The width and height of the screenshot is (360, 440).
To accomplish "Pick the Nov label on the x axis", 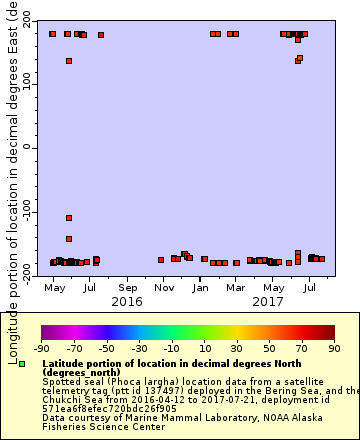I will click(x=163, y=287).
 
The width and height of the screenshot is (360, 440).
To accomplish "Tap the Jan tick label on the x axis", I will click(x=200, y=287).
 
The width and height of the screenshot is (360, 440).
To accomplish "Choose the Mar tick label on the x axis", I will click(x=234, y=287).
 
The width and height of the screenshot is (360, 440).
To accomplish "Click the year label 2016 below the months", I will click(x=127, y=301).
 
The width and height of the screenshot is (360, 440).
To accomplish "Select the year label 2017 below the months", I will click(x=268, y=301).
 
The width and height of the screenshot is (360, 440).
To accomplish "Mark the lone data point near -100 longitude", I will click(x=69, y=218).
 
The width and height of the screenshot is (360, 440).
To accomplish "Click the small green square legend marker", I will click(x=22, y=364).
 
